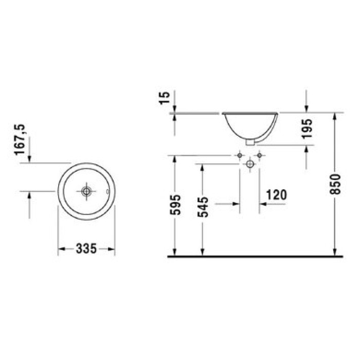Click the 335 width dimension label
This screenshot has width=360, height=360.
pyautogui.click(x=86, y=248)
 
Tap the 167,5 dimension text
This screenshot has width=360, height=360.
pyautogui.click(x=20, y=140)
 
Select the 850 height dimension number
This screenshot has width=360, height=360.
pyautogui.click(x=335, y=184)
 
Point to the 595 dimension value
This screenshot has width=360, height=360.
pyautogui.click(x=175, y=205)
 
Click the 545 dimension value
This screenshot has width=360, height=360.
pyautogui.click(x=203, y=207)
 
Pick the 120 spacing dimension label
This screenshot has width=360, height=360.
pyautogui.click(x=277, y=195)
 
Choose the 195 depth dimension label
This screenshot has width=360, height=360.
pyautogui.click(x=307, y=129)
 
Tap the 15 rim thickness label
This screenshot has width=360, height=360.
pyautogui.click(x=165, y=98)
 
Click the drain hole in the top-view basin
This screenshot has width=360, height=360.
pyautogui.click(x=86, y=191)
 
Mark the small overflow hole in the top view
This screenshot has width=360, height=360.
pyautogui.click(x=107, y=191)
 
